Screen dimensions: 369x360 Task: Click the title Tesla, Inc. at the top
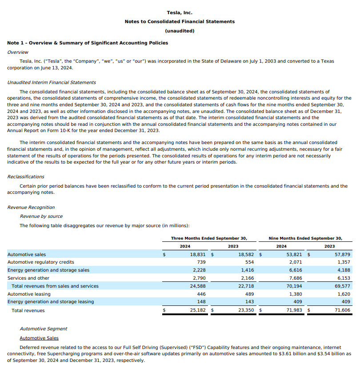(x=180, y=13)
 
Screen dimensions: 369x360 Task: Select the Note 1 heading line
(x=88, y=43)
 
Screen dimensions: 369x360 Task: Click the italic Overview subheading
(x=18, y=52)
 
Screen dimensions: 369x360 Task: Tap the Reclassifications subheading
(x=26, y=177)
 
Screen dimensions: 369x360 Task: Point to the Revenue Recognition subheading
(x=31, y=207)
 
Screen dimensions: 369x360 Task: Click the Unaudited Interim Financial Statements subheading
(x=52, y=82)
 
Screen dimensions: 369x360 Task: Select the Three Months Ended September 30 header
(x=209, y=238)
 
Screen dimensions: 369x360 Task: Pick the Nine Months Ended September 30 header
(x=305, y=238)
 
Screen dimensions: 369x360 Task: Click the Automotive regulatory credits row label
(x=41, y=262)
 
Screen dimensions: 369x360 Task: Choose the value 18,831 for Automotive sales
(x=197, y=255)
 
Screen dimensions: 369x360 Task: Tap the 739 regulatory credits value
(x=201, y=262)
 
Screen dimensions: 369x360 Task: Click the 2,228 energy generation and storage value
(x=199, y=270)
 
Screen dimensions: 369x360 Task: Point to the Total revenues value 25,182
(x=197, y=310)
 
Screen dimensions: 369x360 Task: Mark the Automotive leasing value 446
(x=201, y=294)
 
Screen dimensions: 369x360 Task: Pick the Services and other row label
(x=28, y=278)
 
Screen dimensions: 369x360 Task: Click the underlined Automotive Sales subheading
(x=39, y=338)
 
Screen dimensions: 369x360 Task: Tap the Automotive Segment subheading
(x=44, y=329)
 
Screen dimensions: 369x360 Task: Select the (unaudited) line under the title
(x=180, y=31)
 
